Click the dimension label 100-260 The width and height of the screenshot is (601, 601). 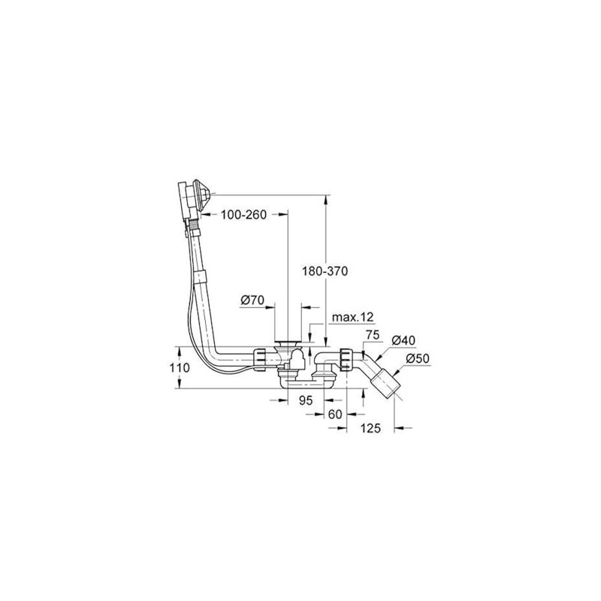(x=244, y=215)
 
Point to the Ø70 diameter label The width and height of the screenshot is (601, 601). (x=253, y=300)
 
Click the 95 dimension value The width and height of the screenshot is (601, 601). (x=305, y=401)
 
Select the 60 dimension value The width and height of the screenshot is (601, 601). (x=336, y=415)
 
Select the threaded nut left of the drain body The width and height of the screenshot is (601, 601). (x=259, y=359)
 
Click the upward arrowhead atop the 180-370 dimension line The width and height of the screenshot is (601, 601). (x=326, y=200)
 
